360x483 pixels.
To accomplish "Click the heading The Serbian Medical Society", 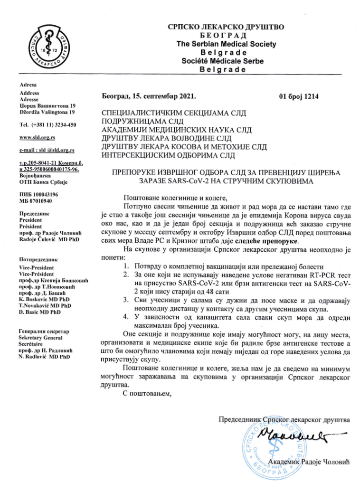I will coord(226,44).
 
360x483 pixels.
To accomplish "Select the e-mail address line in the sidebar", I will coord(47,150).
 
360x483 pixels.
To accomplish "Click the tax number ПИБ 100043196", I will coord(39,195).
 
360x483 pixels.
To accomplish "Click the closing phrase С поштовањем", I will coord(145,393).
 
